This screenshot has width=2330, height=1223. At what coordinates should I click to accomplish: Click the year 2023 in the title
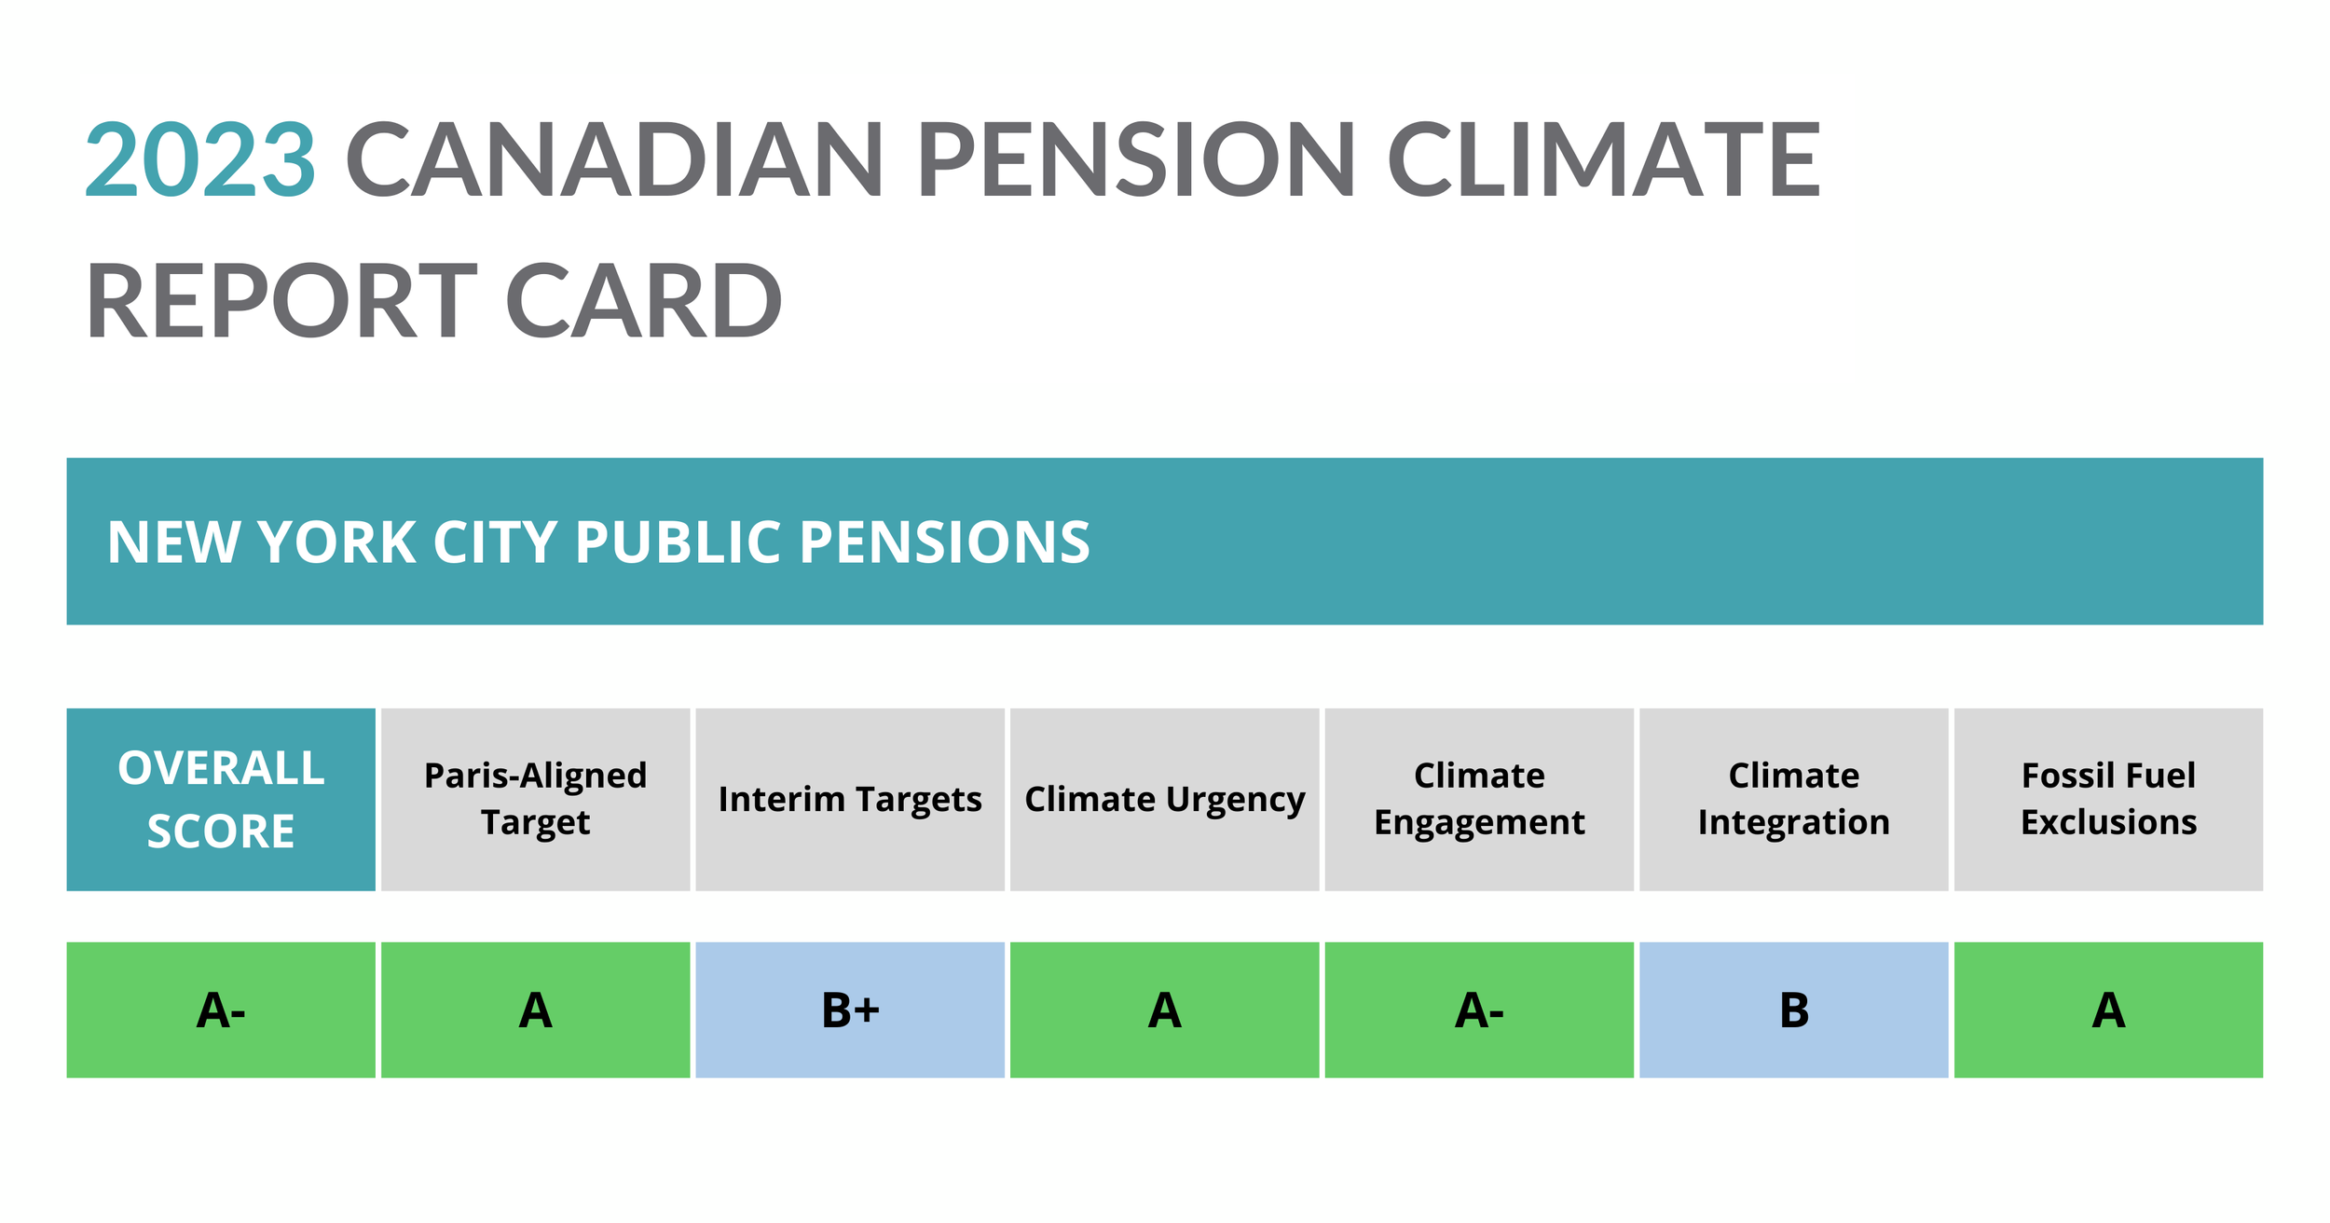point(200,160)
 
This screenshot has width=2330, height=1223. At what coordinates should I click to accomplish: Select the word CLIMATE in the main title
point(1604,160)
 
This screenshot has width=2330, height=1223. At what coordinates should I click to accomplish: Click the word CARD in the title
point(643,301)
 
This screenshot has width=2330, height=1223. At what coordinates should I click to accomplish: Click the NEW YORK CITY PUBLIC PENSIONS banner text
point(598,543)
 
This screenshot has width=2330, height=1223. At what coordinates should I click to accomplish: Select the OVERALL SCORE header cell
point(221,800)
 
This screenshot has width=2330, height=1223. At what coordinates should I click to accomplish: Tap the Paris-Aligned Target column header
point(535,800)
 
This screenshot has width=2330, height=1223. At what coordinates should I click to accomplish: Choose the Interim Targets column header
point(850,800)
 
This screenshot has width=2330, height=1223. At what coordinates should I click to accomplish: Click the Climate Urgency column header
point(1164,800)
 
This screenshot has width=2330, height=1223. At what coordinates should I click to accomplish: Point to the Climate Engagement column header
point(1479,800)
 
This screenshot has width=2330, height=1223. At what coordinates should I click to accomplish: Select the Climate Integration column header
point(1793,800)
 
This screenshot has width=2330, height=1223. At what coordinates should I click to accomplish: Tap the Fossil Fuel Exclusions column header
point(2108,800)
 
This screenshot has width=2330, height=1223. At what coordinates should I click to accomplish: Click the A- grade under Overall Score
point(221,1010)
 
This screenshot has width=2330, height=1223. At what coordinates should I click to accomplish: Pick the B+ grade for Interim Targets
point(850,1010)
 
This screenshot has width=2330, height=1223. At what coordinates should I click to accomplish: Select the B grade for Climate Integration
point(1793,1010)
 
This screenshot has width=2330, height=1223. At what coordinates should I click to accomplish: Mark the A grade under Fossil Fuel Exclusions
point(2108,1010)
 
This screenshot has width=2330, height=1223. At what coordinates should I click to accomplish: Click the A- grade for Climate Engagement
point(1479,1010)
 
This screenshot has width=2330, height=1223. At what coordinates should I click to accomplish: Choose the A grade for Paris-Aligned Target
point(535,1010)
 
